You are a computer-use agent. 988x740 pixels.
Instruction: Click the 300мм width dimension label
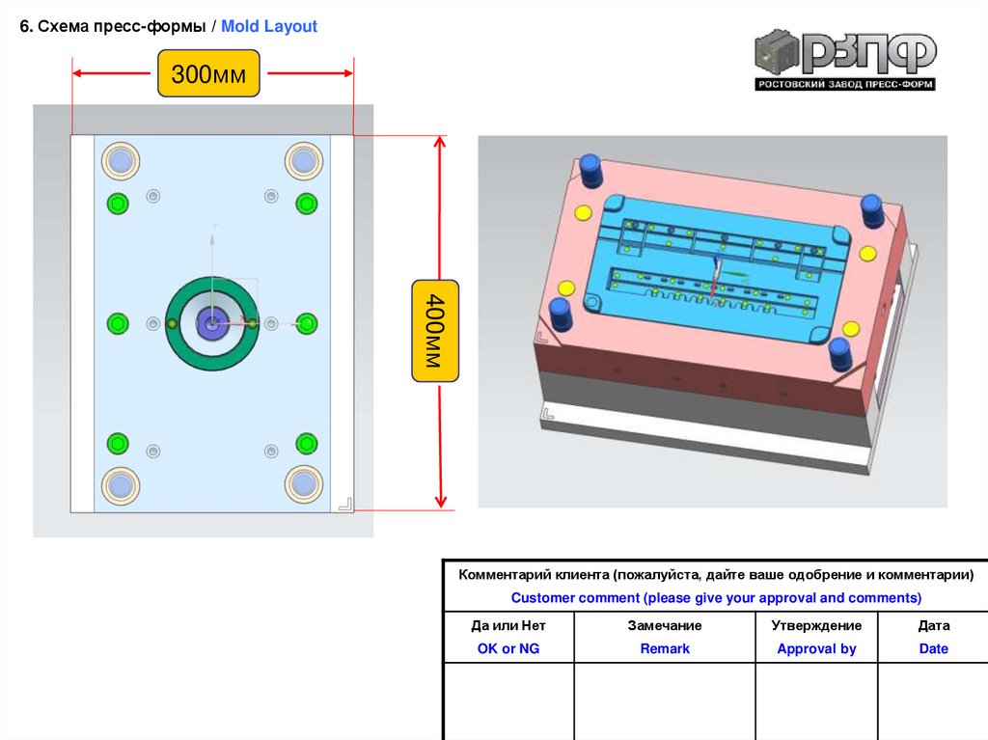(209, 73)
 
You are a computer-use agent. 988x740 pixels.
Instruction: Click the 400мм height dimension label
(435, 331)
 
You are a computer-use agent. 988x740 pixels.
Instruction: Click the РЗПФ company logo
(845, 62)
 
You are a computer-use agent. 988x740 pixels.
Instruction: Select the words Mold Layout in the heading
(269, 27)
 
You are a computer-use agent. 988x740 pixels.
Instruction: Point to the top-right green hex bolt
(306, 203)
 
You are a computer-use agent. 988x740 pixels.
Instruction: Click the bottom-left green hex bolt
(118, 443)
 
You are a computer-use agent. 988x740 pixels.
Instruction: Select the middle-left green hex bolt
(118, 322)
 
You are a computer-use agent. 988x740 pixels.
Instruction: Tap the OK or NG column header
(508, 648)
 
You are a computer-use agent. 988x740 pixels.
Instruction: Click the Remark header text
(665, 648)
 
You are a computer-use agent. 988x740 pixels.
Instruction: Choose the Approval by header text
(816, 648)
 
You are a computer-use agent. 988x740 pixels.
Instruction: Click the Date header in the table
(933, 648)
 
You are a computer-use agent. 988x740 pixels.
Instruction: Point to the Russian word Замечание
(665, 625)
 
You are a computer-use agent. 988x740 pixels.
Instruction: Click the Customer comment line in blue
(716, 597)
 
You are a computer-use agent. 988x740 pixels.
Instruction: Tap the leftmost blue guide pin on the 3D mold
(560, 314)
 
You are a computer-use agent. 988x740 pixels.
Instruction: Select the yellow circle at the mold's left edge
(566, 288)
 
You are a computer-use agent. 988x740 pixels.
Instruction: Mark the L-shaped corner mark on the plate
(344, 503)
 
